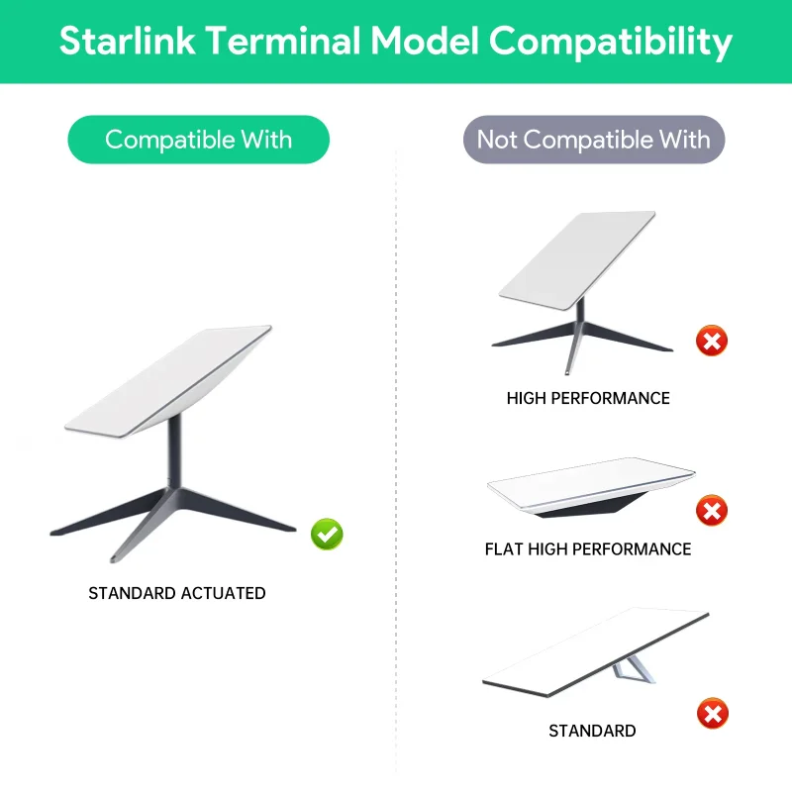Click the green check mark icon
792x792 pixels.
pyautogui.click(x=328, y=535)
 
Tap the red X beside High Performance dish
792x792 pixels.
pyautogui.click(x=711, y=342)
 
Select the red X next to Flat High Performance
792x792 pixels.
pyautogui.click(x=711, y=511)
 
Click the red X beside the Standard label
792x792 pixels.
pyautogui.click(x=711, y=713)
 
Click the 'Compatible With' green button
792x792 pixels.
pyautogui.click(x=198, y=140)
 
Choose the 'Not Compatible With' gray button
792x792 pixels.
pyautogui.click(x=594, y=140)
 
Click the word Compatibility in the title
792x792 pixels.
pyautogui.click(x=611, y=42)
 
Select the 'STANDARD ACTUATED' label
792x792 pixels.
pyautogui.click(x=177, y=594)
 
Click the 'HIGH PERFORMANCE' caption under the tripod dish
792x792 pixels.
pyautogui.click(x=588, y=399)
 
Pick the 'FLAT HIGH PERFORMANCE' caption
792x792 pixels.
pyautogui.click(x=588, y=548)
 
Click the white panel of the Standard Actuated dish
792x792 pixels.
pyautogui.click(x=168, y=379)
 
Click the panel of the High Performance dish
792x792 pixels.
pyautogui.click(x=576, y=254)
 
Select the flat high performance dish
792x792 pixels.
pyautogui.click(x=591, y=485)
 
